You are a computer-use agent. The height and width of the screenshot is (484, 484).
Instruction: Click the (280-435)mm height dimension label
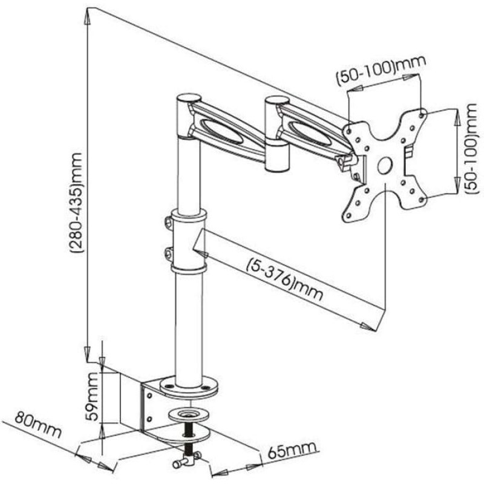tap(77, 203)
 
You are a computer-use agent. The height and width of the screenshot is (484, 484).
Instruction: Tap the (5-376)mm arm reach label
tap(284, 280)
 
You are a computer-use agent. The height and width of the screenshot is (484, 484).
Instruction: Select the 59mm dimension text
tap(93, 397)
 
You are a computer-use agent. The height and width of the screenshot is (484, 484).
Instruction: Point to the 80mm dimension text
tap(38, 424)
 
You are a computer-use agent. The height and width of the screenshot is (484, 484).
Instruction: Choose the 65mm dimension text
tap(292, 450)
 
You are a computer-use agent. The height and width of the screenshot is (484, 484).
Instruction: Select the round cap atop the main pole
tap(189, 98)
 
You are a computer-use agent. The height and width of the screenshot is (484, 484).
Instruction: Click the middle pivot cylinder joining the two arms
tap(277, 134)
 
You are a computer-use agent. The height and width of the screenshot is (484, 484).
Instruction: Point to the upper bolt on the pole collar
tap(169, 223)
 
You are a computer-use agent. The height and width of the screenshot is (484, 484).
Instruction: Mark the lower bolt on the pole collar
tap(169, 253)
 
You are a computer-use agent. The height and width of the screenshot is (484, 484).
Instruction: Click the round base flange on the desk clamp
tap(189, 388)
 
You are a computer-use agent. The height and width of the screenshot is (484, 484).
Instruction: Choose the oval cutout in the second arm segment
tap(310, 133)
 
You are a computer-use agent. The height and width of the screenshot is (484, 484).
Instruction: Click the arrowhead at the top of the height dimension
tap(88, 17)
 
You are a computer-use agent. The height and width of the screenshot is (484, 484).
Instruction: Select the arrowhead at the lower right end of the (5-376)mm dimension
tap(368, 327)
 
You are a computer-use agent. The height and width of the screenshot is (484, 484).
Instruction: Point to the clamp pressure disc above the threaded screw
tap(189, 414)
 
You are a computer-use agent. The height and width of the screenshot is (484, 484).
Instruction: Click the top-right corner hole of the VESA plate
tap(422, 115)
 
